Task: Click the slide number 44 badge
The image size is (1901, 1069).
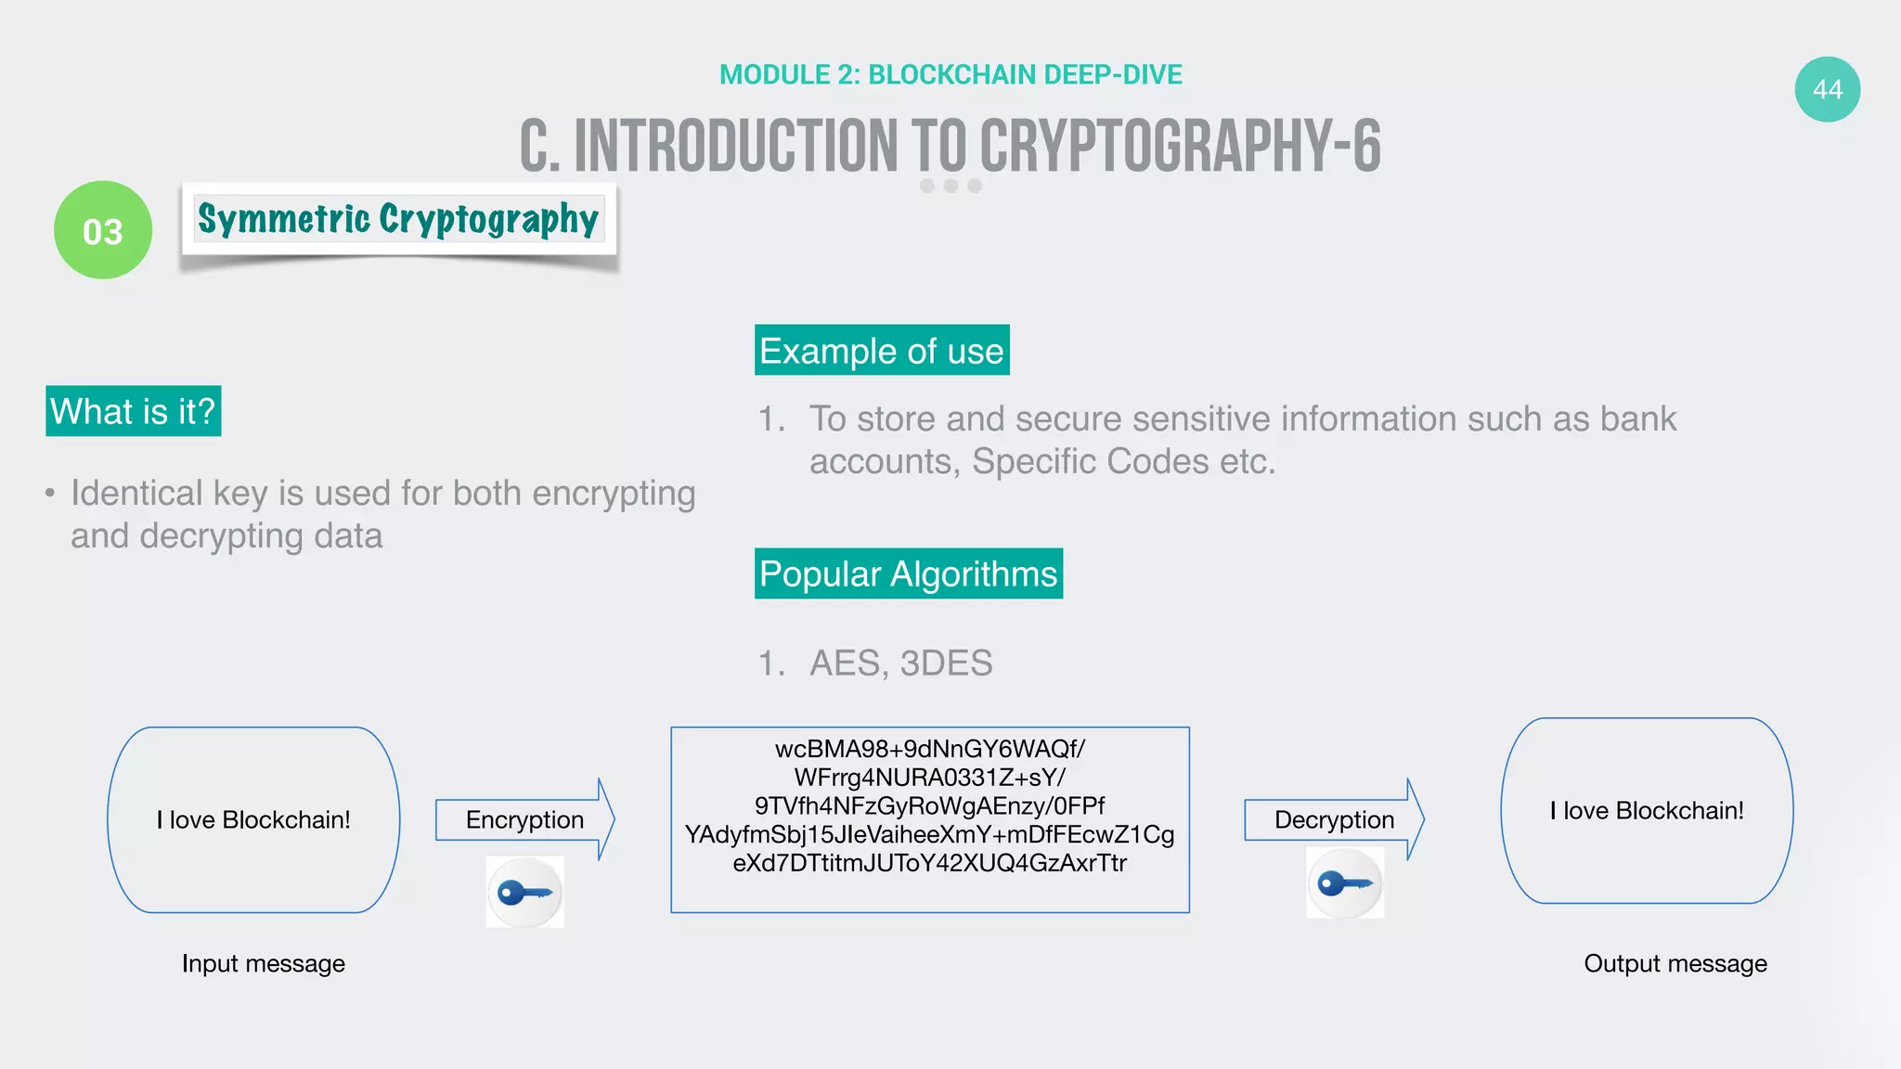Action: tap(1827, 89)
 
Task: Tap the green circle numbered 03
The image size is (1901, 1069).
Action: tap(103, 230)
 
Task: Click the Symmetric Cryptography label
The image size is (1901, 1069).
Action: tap(398, 219)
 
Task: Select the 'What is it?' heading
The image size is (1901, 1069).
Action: tap(133, 411)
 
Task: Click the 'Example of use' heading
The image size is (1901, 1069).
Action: tap(881, 351)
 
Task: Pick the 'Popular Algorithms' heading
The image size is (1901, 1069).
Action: tap(908, 573)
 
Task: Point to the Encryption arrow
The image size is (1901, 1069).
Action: tap(525, 819)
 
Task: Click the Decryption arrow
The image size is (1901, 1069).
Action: tap(1334, 819)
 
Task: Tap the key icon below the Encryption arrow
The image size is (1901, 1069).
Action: tap(525, 893)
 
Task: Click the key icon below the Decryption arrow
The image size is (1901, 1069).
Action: tap(1345, 882)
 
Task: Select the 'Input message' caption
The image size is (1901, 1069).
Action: tap(264, 963)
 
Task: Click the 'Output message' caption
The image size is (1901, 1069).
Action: tap(1675, 963)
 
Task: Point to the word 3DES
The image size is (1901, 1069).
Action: tap(946, 663)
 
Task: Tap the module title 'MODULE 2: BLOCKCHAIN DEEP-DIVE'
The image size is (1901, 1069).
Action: tap(950, 74)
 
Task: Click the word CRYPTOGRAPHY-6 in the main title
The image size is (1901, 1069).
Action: tap(1180, 147)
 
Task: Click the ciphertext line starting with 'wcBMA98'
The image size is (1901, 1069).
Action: tap(929, 749)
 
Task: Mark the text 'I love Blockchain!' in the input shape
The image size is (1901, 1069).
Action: tap(253, 819)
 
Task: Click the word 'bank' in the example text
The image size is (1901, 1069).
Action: tap(1638, 419)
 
